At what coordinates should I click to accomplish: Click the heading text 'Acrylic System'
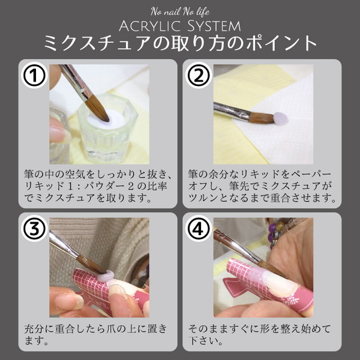pos(180,26)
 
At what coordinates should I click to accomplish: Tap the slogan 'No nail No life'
pos(180,11)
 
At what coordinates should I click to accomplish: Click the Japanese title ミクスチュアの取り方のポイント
pos(180,44)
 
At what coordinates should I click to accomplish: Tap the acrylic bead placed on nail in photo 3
pos(107,276)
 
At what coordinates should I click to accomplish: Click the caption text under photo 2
pos(262,185)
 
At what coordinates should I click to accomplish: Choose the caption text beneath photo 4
pos(262,335)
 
